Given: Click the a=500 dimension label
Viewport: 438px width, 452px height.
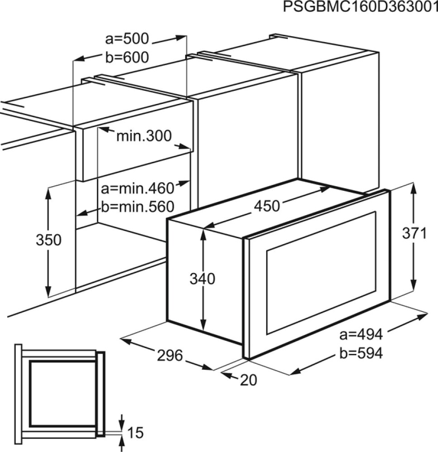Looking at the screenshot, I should [126, 39].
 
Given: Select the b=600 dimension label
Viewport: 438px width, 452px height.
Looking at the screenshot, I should [126, 57].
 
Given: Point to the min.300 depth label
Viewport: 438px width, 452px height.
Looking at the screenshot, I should [144, 136].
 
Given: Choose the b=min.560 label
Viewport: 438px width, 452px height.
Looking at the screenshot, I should [137, 207].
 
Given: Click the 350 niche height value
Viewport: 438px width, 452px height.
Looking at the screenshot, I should [48, 240].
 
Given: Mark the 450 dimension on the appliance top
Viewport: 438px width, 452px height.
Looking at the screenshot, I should [267, 206].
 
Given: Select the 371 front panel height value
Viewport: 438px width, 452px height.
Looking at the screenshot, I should [414, 233].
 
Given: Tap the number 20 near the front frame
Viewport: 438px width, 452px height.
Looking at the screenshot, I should [248, 380].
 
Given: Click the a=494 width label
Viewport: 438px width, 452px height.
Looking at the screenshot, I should [361, 335].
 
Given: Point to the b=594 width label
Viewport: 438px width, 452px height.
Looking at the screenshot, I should [361, 353].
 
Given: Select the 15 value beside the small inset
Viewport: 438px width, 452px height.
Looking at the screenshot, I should [134, 433].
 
